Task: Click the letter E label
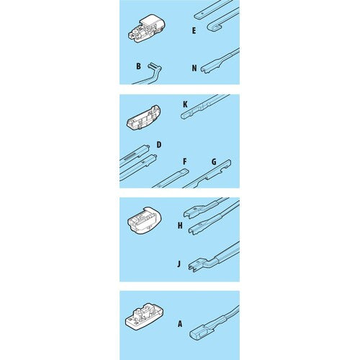(194, 31)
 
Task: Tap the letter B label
(138, 66)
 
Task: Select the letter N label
(194, 68)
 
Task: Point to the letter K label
(185, 104)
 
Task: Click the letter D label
(159, 145)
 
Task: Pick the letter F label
(185, 161)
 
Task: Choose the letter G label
(214, 162)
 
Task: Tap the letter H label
(180, 225)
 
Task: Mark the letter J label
(179, 264)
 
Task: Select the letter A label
(180, 324)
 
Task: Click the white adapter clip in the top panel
(147, 28)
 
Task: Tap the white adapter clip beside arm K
(144, 117)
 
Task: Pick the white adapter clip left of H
(144, 220)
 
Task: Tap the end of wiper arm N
(204, 70)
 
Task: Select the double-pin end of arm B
(153, 66)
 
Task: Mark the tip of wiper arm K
(184, 116)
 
